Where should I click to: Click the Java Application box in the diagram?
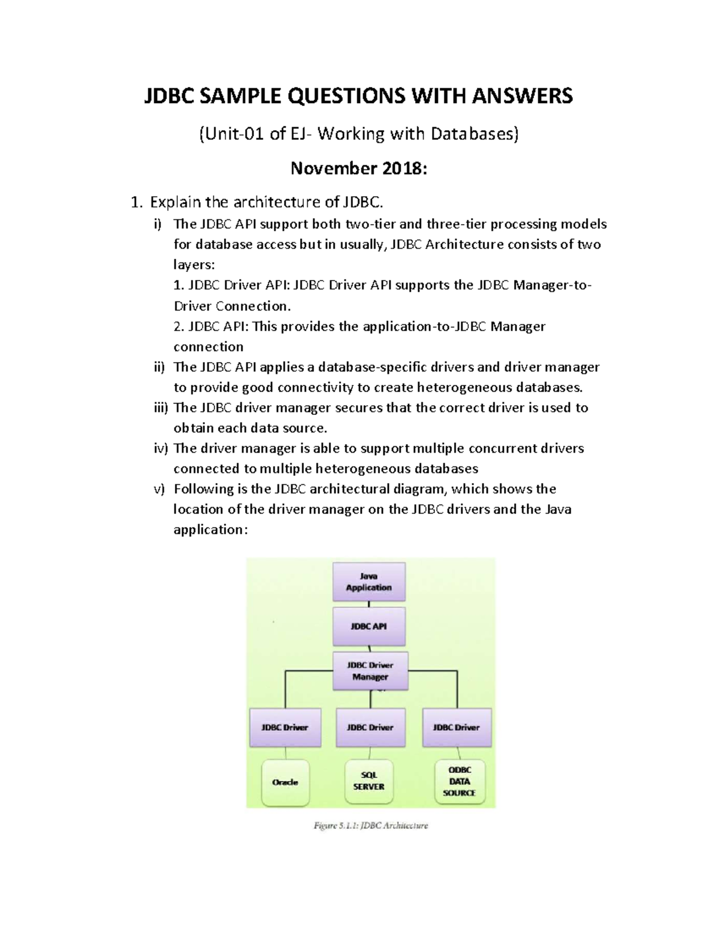(369, 582)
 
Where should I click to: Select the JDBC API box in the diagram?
(369, 626)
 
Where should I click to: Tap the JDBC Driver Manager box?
(370, 671)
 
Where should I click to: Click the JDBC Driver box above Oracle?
(285, 727)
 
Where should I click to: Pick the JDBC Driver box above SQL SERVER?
(370, 727)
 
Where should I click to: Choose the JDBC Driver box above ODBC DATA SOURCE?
(457, 727)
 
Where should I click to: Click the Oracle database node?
(285, 782)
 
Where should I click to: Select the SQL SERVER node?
(369, 781)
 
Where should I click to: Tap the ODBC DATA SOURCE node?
(460, 781)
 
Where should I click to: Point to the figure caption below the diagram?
(371, 825)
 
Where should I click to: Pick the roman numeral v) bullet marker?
(159, 489)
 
